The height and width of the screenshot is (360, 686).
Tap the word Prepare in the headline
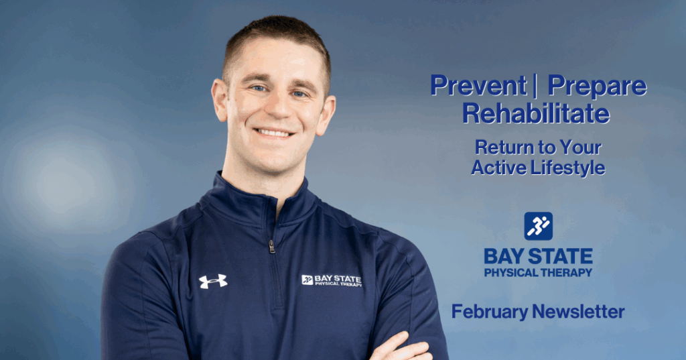click(x=597, y=86)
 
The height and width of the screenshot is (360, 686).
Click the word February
click(x=489, y=311)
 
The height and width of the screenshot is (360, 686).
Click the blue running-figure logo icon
click(x=538, y=226)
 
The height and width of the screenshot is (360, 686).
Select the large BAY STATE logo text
click(x=538, y=256)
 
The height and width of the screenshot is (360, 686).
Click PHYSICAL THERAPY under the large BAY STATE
click(x=538, y=272)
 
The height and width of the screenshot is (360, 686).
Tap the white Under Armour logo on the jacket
click(x=213, y=281)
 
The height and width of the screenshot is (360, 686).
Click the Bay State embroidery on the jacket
click(x=332, y=280)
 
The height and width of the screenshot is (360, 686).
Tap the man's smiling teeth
click(x=274, y=133)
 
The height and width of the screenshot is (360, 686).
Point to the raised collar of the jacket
click(x=241, y=198)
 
